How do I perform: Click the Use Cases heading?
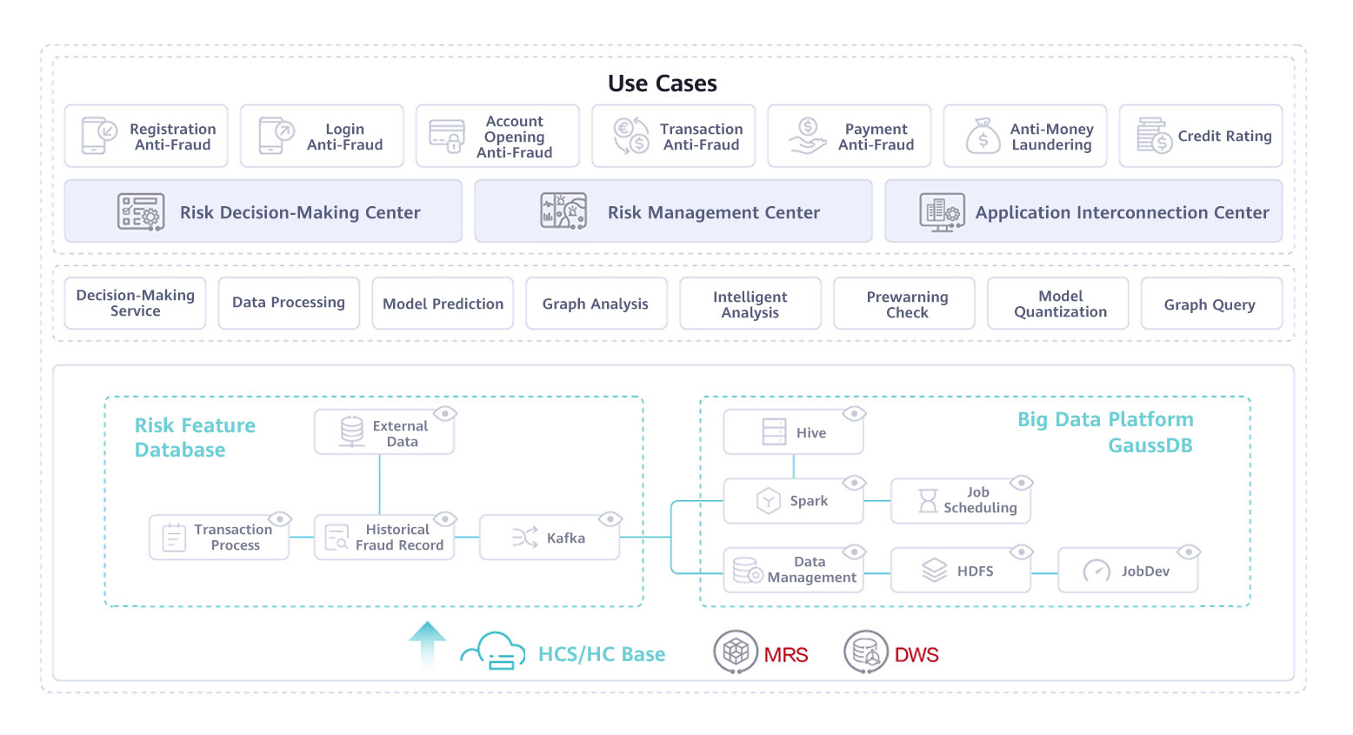(x=662, y=84)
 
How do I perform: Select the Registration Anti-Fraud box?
(x=146, y=137)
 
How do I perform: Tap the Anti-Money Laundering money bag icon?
(x=983, y=137)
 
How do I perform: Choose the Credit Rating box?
(x=1200, y=137)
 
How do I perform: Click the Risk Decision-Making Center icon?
(x=141, y=212)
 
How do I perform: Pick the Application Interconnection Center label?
(x=1122, y=212)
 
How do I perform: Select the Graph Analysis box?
(x=596, y=304)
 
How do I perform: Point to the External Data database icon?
(x=352, y=431)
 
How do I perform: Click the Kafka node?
(x=549, y=538)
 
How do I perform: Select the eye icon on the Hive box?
(x=854, y=414)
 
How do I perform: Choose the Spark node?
(x=793, y=501)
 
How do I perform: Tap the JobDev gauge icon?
(x=1096, y=571)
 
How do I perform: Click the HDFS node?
(x=960, y=571)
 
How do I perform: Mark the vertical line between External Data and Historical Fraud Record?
(x=380, y=484)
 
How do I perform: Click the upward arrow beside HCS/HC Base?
(x=427, y=644)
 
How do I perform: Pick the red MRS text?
(x=786, y=655)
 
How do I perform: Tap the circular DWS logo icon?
(x=866, y=652)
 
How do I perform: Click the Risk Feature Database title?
(x=195, y=438)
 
